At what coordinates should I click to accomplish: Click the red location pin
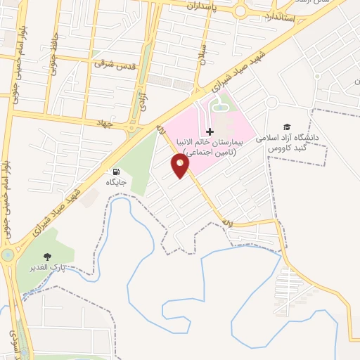181,166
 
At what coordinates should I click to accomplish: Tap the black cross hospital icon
210,132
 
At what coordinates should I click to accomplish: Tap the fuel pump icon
115,171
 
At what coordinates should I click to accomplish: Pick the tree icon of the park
47,257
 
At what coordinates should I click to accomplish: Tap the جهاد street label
105,123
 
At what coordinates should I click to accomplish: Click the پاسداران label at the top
204,6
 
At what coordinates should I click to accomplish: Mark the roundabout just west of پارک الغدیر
7,255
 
